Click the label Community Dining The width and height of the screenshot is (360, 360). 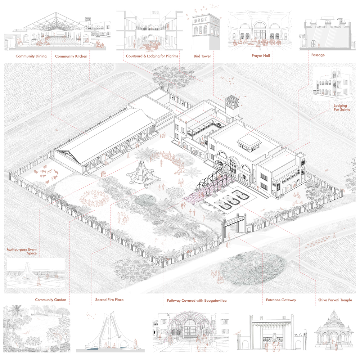(31, 56)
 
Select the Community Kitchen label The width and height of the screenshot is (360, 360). (71, 56)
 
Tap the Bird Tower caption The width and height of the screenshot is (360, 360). (202, 56)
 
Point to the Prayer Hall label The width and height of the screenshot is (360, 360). (261, 55)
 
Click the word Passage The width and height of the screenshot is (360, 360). (318, 55)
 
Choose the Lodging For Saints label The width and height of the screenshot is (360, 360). (342, 108)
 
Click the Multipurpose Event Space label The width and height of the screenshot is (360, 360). (22, 251)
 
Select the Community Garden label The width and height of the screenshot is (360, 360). (50, 300)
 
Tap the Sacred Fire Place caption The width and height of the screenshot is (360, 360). (109, 300)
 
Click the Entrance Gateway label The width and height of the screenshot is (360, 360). (281, 300)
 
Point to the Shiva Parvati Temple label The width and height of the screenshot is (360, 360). (335, 300)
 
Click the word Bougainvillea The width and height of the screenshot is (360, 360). (214, 301)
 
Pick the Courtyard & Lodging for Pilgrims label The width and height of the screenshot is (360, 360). (152, 56)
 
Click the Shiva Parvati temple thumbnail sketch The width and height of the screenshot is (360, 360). (333, 329)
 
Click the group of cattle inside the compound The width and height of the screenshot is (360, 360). (46, 175)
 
